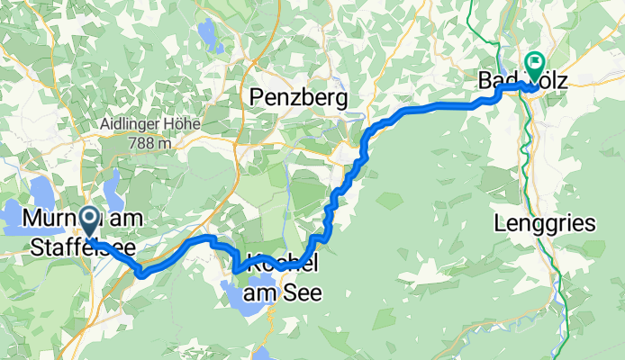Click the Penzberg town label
[299, 95]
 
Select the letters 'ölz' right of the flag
[551, 81]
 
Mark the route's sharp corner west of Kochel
[235, 269]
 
